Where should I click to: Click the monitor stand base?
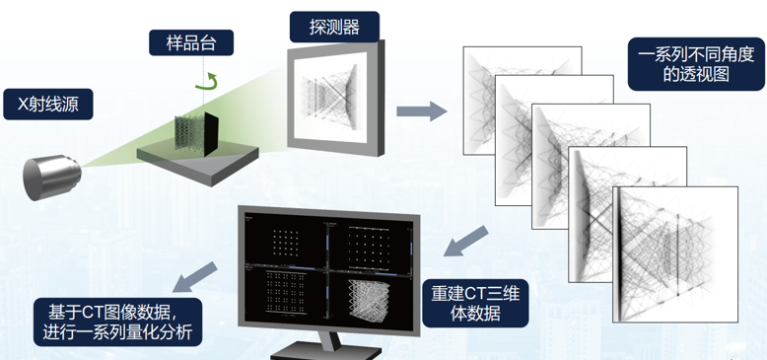[x=326, y=350]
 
